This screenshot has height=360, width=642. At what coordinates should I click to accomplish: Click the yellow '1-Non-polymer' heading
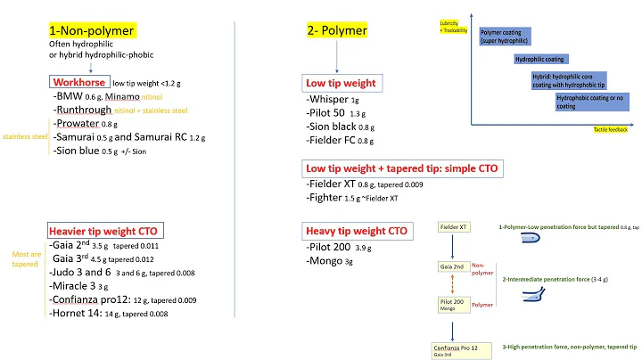(x=92, y=30)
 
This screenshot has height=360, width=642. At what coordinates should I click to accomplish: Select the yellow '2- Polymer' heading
(x=336, y=30)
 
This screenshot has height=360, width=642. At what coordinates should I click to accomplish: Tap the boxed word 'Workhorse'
(x=81, y=81)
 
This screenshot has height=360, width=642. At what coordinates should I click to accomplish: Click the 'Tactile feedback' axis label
(x=612, y=130)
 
